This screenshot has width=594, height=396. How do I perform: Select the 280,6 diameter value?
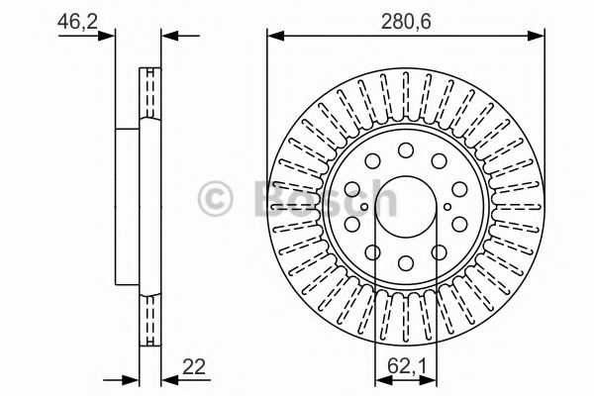pos(406,17)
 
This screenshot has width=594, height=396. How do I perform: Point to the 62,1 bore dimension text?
pos(404,368)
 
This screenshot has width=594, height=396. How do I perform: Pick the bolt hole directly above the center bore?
pos(406,150)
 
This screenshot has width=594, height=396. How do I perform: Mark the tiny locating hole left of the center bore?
pos(364,206)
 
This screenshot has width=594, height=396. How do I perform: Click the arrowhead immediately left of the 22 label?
pos(167,377)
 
